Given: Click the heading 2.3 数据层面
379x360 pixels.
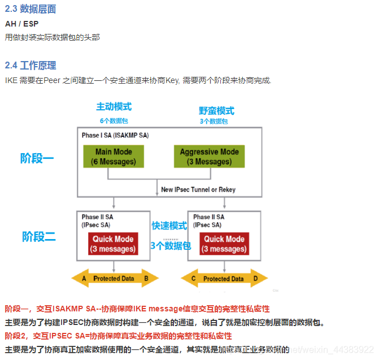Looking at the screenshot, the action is coord(31,9).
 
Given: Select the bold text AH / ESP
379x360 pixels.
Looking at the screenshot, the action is coord(21,24).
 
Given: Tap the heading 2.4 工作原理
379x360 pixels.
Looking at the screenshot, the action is coord(31,66).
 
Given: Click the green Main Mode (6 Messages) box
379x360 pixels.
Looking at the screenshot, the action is coord(114,157).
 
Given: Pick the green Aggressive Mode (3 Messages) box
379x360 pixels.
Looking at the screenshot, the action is coord(209,157).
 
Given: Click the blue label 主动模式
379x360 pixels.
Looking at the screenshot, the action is coord(114,107).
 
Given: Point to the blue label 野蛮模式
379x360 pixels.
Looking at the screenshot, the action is coord(216,111).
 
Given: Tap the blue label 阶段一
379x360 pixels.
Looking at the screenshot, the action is coord(37,158).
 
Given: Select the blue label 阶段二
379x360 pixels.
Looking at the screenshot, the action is coord(39,236).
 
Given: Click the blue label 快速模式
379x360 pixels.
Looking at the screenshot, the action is coord(169,225).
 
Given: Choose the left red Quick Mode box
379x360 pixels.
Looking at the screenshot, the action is coord(114,244).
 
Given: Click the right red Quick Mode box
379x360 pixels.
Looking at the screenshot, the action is coord(224,244).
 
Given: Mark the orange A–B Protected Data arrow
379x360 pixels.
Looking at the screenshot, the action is coord(115,279).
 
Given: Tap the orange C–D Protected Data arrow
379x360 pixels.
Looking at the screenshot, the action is coord(224,279).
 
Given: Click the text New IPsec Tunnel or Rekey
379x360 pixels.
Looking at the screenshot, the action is coord(198,189).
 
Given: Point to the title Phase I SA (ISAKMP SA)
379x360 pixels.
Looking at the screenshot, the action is coord(115,136).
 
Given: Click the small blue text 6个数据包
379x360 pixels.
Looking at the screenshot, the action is coord(114,120).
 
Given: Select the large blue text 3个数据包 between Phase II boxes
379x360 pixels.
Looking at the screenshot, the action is coord(170,245).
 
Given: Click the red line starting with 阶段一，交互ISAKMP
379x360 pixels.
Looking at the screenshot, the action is coord(137,309).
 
